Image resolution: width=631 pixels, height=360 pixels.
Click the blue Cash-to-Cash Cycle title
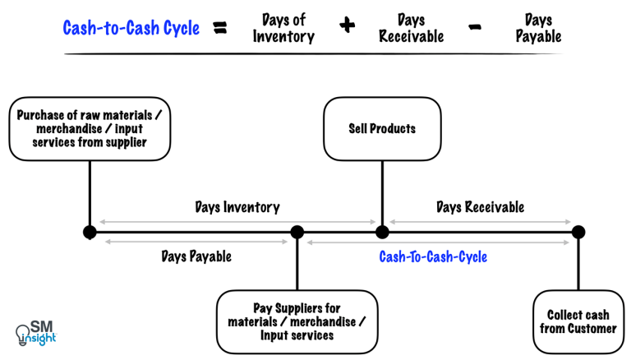point(131,29)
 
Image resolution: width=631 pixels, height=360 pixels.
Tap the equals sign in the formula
point(220,28)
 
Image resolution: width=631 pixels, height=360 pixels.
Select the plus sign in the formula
point(348,26)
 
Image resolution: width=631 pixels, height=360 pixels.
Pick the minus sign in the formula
point(475,27)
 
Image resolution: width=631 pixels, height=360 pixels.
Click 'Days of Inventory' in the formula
point(283,28)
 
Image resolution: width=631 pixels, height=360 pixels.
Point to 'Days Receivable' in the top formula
point(412,28)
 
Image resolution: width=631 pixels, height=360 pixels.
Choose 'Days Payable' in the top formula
point(539,28)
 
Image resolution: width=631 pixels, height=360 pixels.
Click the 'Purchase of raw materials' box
point(90,129)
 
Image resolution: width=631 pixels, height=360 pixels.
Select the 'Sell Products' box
point(382,129)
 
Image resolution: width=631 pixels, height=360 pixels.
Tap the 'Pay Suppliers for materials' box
point(297,321)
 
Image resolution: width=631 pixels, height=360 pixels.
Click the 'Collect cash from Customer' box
point(578,321)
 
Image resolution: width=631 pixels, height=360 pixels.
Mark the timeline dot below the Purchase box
point(90,233)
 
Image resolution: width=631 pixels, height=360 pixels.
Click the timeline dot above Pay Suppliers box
point(297,233)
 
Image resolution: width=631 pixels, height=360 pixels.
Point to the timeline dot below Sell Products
point(382,233)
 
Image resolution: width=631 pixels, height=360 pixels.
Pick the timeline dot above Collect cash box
point(578,233)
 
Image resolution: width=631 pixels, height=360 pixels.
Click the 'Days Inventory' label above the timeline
point(237,207)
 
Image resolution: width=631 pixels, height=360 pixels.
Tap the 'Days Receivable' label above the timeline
point(480,207)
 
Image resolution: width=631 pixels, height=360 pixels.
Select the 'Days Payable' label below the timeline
point(196,256)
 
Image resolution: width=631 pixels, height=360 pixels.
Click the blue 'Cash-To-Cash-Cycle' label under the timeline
point(433,256)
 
